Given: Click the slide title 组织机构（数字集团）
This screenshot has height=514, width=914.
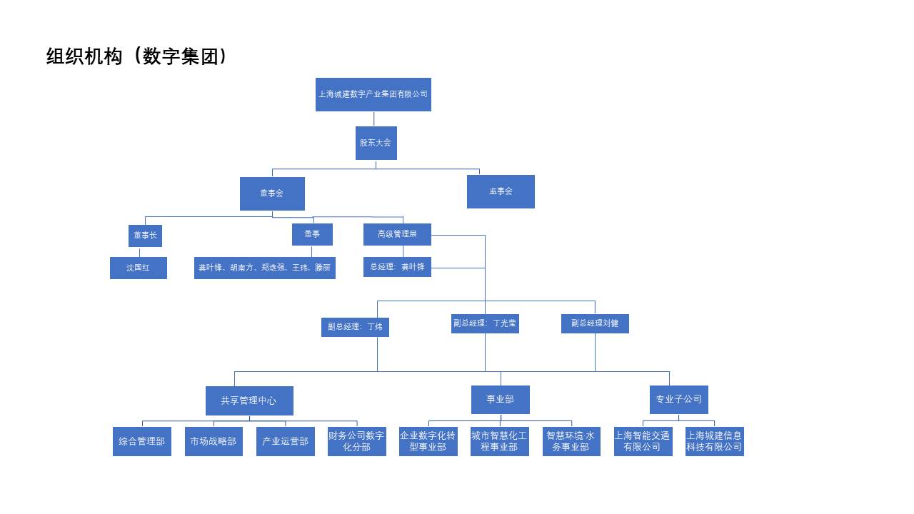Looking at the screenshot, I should tap(136, 56).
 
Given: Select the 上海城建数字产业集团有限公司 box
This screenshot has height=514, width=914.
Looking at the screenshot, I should tap(373, 94).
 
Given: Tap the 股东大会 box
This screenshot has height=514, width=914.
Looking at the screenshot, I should tap(376, 143).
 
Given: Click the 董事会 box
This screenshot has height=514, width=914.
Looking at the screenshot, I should tap(272, 193).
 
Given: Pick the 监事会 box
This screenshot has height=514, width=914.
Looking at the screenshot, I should tap(501, 191).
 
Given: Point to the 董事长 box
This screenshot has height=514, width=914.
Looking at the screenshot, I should tap(145, 236).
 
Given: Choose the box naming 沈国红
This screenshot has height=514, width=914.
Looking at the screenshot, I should tap(139, 268).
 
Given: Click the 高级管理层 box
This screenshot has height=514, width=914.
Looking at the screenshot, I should tap(397, 234).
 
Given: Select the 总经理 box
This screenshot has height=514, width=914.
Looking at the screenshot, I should tap(397, 267).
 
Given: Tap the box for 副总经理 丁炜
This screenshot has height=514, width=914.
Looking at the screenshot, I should tap(355, 327).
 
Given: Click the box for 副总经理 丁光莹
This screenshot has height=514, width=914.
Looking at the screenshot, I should tap(485, 323).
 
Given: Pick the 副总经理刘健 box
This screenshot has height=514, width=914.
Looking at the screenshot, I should tap(595, 323).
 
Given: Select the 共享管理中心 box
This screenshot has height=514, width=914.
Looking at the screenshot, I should tap(249, 400).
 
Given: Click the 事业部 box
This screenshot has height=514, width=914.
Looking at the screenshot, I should tap(500, 400).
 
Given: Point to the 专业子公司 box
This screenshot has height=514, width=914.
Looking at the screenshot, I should tap(678, 400).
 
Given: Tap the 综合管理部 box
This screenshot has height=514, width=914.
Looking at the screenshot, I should tap(142, 441).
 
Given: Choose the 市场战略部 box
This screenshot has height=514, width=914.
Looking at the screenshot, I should tap(214, 441).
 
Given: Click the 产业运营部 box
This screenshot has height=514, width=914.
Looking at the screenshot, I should tap(285, 441).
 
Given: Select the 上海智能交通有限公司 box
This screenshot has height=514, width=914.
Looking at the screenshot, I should tap(643, 441).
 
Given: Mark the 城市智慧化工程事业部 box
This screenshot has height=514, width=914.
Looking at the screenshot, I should tap(500, 441).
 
